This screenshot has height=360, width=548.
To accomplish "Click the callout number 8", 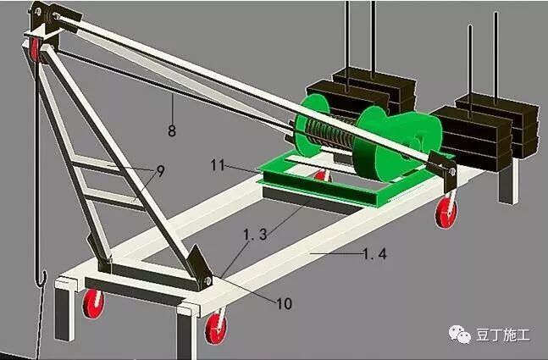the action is coord(172,130).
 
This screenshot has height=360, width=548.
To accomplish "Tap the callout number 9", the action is coord(160,171).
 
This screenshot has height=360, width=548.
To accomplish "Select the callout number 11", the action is coord(218,165).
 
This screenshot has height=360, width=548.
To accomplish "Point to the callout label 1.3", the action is coord(255,235).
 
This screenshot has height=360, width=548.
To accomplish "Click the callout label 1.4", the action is coord(375,254).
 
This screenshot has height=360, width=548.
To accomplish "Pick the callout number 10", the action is coord(284,304).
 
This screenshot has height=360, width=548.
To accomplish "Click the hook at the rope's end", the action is coord(42,278).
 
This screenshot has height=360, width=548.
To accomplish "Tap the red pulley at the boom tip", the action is coord(35,50).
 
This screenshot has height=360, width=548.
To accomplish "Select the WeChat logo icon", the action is coord(460,335).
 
